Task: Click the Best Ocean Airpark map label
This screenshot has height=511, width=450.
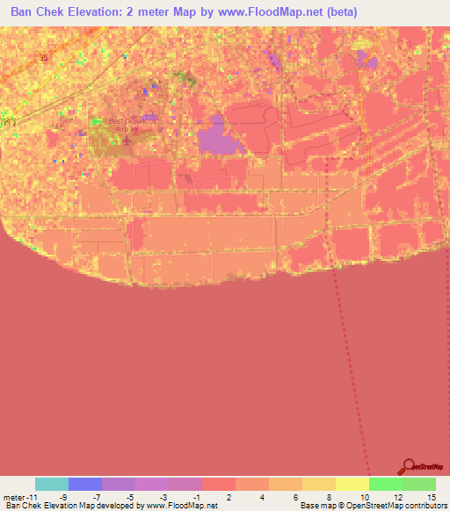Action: pos(124,125)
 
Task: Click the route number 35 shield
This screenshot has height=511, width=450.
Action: pos(43,57)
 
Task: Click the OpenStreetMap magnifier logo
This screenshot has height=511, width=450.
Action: pos(408,468)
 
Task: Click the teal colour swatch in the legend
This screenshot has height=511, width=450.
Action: pos(51,484)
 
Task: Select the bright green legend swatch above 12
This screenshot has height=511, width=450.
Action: pos(385,484)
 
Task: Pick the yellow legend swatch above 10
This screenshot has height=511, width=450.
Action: pos(352,484)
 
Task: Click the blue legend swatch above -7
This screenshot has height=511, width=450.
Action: pos(84,484)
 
